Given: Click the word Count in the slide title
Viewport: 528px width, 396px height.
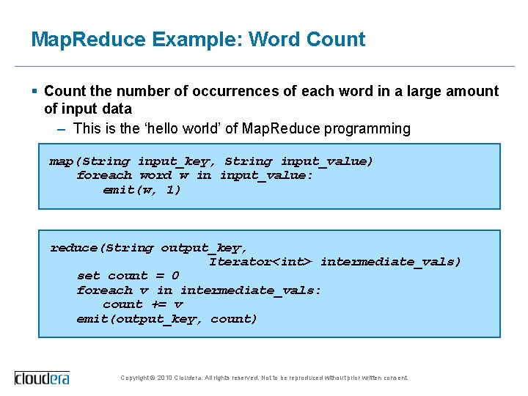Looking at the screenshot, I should click(337, 40).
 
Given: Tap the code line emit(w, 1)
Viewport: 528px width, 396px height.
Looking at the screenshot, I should click(142, 190).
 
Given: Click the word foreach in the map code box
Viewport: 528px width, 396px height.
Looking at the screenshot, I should click(104, 175).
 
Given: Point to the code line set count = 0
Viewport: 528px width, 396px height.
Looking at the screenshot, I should click(128, 276).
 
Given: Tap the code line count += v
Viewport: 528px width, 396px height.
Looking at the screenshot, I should click(143, 304).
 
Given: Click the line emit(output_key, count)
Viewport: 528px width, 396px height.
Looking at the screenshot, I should click(166, 319).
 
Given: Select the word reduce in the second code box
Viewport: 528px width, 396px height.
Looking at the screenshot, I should click(73, 248).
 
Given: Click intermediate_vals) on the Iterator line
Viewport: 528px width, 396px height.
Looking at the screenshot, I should click(391, 262).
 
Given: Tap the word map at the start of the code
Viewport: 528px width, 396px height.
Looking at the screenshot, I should click(61, 161).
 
